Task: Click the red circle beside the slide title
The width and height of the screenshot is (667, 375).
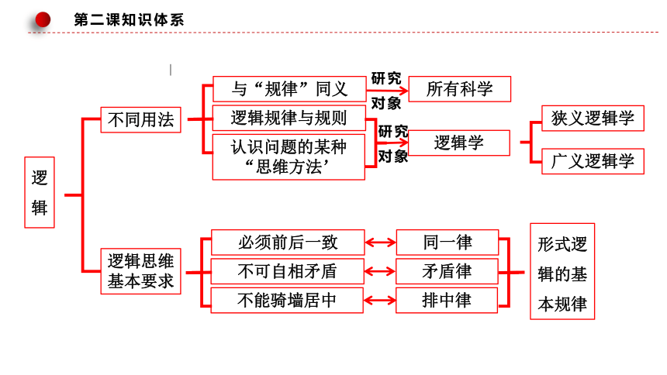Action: (43, 19)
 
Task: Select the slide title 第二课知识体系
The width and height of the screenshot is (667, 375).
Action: (129, 20)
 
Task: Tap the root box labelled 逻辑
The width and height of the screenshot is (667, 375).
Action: (40, 193)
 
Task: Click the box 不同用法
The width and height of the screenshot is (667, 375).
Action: (141, 120)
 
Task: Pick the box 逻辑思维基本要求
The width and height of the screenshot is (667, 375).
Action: (141, 271)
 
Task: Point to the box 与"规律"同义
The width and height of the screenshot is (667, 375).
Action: (289, 89)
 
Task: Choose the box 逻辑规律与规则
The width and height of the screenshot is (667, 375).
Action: (289, 118)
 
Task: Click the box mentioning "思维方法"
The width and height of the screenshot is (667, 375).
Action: (289, 157)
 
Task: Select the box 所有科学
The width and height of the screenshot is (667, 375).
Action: (459, 89)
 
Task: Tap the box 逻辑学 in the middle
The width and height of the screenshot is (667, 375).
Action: (458, 143)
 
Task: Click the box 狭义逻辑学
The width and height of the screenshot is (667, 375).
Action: (593, 119)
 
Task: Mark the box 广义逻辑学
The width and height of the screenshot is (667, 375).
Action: (593, 161)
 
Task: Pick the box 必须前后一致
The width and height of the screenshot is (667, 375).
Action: (288, 243)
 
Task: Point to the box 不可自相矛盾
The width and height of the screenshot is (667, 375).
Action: (288, 271)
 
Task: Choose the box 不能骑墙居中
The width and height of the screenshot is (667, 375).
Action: (287, 300)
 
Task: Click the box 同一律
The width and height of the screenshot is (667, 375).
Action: (448, 243)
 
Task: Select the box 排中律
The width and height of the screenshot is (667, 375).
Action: (447, 300)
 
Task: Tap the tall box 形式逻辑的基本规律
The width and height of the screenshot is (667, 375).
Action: (562, 271)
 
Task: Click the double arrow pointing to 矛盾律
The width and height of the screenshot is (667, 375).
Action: (380, 271)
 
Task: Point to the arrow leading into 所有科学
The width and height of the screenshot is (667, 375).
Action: (387, 90)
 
